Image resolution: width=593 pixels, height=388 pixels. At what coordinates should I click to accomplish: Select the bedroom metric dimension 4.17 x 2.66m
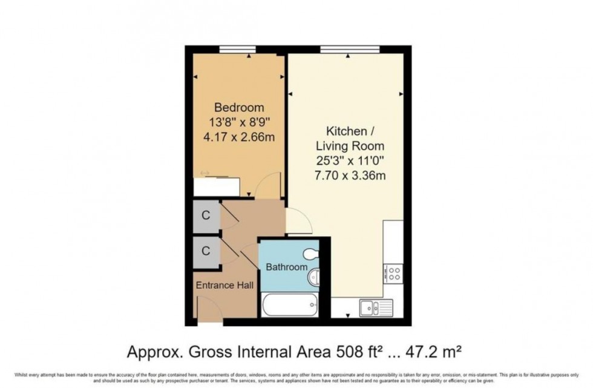(239, 137)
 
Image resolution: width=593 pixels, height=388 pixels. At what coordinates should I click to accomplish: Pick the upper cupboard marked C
(206, 215)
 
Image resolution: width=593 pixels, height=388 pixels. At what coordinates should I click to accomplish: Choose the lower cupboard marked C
(206, 250)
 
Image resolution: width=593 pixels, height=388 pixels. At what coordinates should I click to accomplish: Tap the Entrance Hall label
(224, 285)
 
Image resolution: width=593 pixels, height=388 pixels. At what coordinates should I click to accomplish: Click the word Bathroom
(286, 267)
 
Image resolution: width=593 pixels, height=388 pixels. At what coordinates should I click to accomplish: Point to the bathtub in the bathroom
(288, 304)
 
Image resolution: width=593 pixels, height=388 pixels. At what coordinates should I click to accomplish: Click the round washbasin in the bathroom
(313, 278)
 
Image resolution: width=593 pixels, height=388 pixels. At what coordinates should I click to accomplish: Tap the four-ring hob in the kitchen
(395, 273)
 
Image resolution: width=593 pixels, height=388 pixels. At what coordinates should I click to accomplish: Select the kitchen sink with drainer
(375, 307)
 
